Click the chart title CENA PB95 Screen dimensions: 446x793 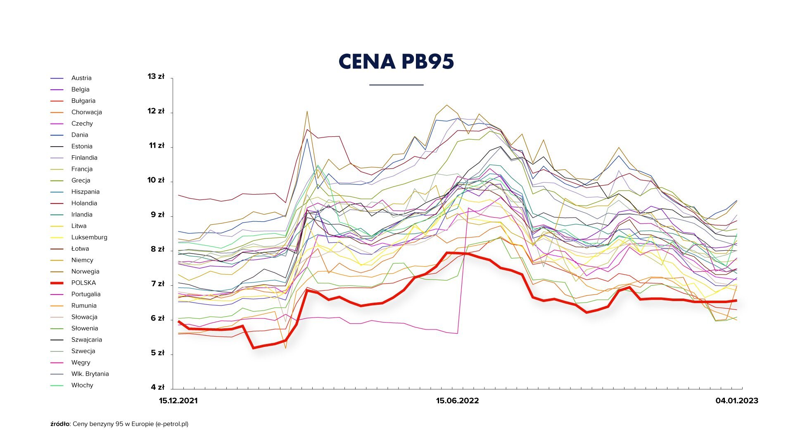click(x=396, y=62)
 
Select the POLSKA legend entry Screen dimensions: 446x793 click(x=83, y=283)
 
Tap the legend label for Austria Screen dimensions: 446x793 click(x=81, y=78)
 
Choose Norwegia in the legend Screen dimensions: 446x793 click(x=85, y=271)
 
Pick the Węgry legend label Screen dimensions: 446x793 click(x=81, y=363)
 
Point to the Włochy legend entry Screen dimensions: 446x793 click(x=82, y=385)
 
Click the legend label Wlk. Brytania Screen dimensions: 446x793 click(x=90, y=374)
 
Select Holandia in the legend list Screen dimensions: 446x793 click(x=84, y=203)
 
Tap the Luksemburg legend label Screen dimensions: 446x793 click(x=89, y=237)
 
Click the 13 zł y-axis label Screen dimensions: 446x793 click(x=156, y=76)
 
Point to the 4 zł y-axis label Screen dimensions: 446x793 click(x=157, y=387)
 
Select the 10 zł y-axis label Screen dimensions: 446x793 click(x=156, y=180)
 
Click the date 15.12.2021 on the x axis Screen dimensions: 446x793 click(x=178, y=401)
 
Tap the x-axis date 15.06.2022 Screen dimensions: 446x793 click(x=457, y=401)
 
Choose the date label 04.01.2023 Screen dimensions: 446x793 click(x=737, y=401)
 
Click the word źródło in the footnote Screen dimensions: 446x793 click(x=60, y=424)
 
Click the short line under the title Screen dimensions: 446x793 click(x=396, y=85)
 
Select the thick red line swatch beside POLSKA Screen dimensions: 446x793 click(x=57, y=283)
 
